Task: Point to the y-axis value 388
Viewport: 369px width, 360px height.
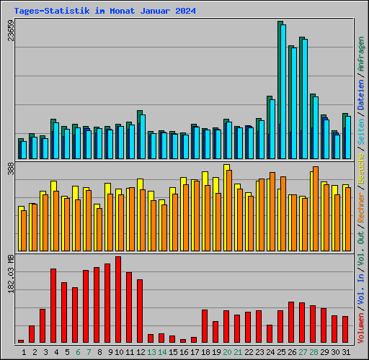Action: (10, 168)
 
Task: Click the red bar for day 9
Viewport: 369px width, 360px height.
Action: (107, 302)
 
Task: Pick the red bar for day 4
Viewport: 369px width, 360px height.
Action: (53, 305)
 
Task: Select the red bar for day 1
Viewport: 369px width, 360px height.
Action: (21, 341)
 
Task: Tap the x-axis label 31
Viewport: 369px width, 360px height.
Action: (345, 351)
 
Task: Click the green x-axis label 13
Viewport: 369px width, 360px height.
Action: (151, 351)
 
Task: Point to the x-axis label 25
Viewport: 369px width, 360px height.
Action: (280, 351)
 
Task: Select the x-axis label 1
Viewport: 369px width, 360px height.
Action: (25, 351)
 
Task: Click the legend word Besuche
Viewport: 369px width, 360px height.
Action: (361, 170)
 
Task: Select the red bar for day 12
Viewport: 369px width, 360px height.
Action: (140, 310)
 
